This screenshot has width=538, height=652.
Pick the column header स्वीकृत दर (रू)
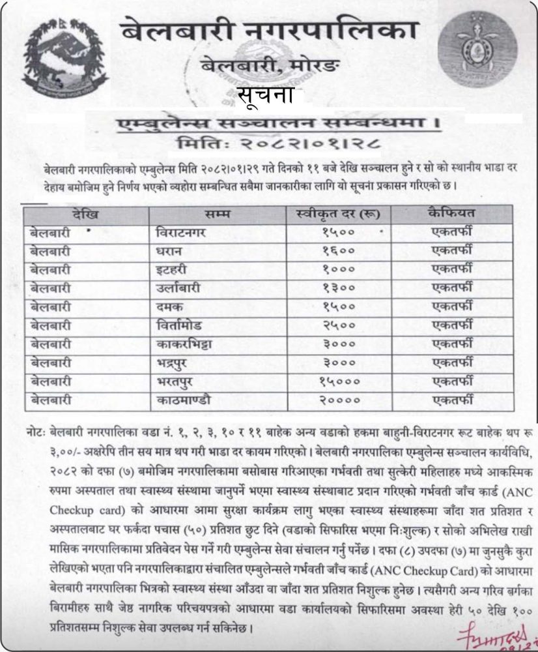tap(337, 213)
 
